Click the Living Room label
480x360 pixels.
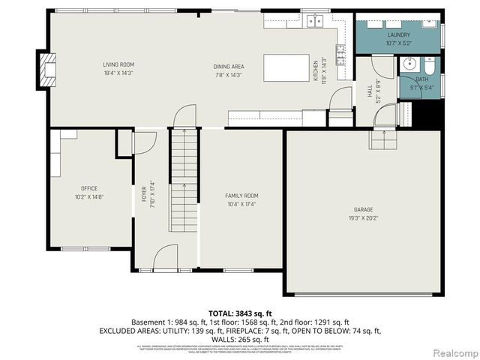[124, 64]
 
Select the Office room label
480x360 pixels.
[89, 188]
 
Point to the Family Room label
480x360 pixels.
[241, 196]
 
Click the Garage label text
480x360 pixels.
[363, 209]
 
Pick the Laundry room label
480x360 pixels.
[398, 34]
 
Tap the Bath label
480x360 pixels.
[421, 79]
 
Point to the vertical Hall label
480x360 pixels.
[370, 91]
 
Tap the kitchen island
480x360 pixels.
[286, 67]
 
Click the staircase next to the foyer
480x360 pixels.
[184, 180]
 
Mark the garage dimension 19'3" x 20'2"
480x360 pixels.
[363, 218]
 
